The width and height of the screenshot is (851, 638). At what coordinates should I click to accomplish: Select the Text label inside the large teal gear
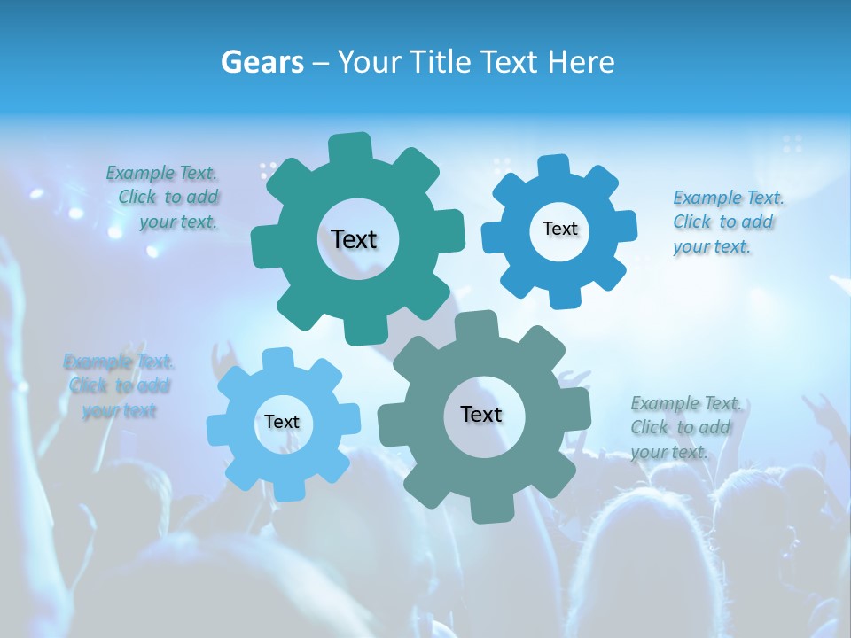tap(354, 239)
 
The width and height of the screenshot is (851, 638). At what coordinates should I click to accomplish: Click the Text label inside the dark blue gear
tap(559, 229)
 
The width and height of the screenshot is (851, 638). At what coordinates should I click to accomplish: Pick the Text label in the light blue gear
tap(282, 422)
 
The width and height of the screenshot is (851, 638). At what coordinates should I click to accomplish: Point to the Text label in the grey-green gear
tap(481, 414)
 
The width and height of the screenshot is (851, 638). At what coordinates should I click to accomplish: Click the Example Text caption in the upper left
tap(163, 198)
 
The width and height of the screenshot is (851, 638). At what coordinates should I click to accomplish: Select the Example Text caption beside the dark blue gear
tap(727, 222)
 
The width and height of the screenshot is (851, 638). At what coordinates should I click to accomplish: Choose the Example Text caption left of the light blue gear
tap(119, 385)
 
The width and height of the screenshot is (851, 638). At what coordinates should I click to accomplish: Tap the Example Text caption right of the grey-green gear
tap(684, 427)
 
